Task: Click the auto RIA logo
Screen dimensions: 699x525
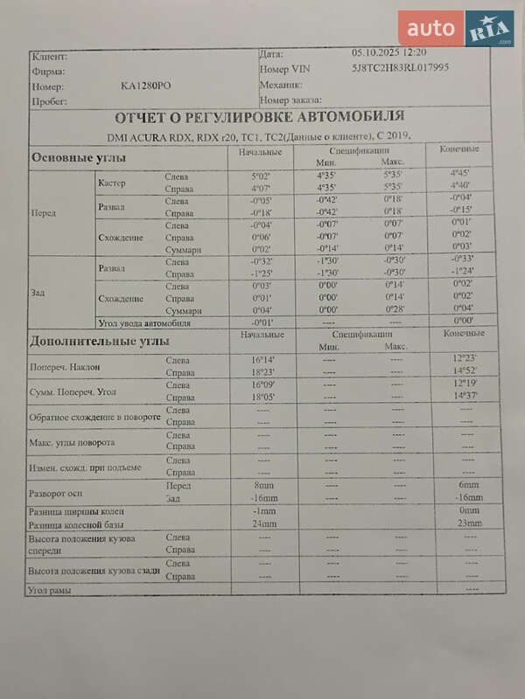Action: coord(456,29)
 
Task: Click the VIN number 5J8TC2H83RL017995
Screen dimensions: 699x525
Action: coord(400,67)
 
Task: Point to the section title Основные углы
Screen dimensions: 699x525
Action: coord(79,158)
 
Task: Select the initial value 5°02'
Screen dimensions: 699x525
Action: coord(261,176)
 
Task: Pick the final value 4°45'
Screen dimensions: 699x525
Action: coord(460,173)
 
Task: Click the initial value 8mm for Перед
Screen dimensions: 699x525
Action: coord(263,485)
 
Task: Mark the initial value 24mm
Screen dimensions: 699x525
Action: coord(263,524)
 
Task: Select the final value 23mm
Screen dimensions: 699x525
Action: coord(470,523)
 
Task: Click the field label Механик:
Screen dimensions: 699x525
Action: coord(281,85)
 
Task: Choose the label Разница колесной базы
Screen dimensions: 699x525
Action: coord(77,525)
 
